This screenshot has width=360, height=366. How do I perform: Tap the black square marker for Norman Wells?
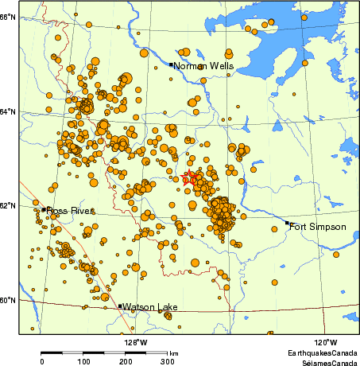(x=172, y=64)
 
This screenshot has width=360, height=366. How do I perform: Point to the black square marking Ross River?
(x=44, y=209)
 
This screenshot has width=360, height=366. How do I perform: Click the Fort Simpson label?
(x=318, y=227)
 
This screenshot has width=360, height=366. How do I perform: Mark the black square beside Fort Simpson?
(x=288, y=224)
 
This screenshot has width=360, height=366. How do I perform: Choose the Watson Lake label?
(x=150, y=306)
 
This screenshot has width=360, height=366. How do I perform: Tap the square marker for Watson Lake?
(x=120, y=306)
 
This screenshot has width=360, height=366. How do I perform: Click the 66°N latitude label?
(x=8, y=17)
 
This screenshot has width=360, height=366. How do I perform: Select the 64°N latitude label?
(x=8, y=111)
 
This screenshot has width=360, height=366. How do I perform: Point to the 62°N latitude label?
(x=8, y=205)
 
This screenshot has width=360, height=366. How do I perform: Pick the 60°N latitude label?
(x=8, y=300)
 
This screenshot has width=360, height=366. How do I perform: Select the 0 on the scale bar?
(x=41, y=361)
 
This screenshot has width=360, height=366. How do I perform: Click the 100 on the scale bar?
(x=83, y=361)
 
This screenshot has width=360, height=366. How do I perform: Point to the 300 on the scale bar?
(x=168, y=361)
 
